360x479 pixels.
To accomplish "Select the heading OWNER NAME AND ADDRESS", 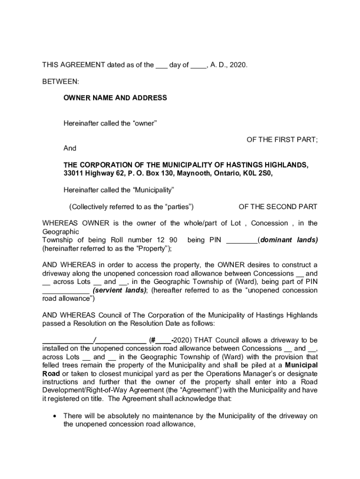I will click(x=115, y=98).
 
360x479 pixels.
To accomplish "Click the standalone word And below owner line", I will click(x=70, y=148).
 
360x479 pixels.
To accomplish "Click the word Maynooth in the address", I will click(x=186, y=173).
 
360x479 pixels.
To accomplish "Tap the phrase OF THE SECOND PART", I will click(x=278, y=207).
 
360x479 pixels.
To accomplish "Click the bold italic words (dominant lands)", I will click(x=288, y=240).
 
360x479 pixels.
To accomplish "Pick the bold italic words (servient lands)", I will click(x=120, y=290).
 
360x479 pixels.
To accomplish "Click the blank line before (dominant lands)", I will click(x=242, y=241).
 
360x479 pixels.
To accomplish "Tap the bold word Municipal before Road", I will click(x=302, y=365).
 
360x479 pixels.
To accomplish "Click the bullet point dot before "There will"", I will click(x=56, y=415).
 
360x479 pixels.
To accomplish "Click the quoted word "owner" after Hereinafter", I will click(x=144, y=123).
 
